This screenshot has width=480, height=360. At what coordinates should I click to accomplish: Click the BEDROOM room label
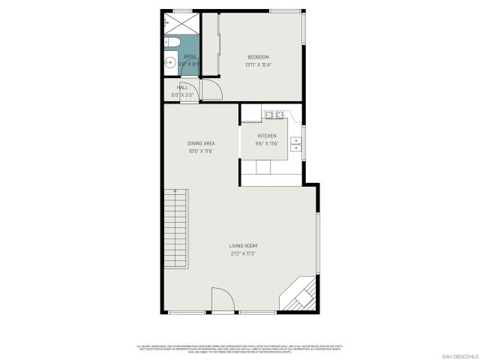click(258, 57)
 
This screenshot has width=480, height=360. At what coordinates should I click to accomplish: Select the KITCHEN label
click(267, 136)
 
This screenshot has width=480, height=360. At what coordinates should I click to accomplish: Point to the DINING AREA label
click(202, 143)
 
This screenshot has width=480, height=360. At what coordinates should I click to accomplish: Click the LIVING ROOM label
click(243, 246)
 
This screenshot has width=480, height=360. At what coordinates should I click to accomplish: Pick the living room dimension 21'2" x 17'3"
click(243, 253)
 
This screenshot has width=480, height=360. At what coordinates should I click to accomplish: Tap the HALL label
click(182, 88)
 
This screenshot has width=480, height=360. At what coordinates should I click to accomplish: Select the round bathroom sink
click(169, 62)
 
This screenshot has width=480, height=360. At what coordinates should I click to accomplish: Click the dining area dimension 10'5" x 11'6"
click(202, 151)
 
